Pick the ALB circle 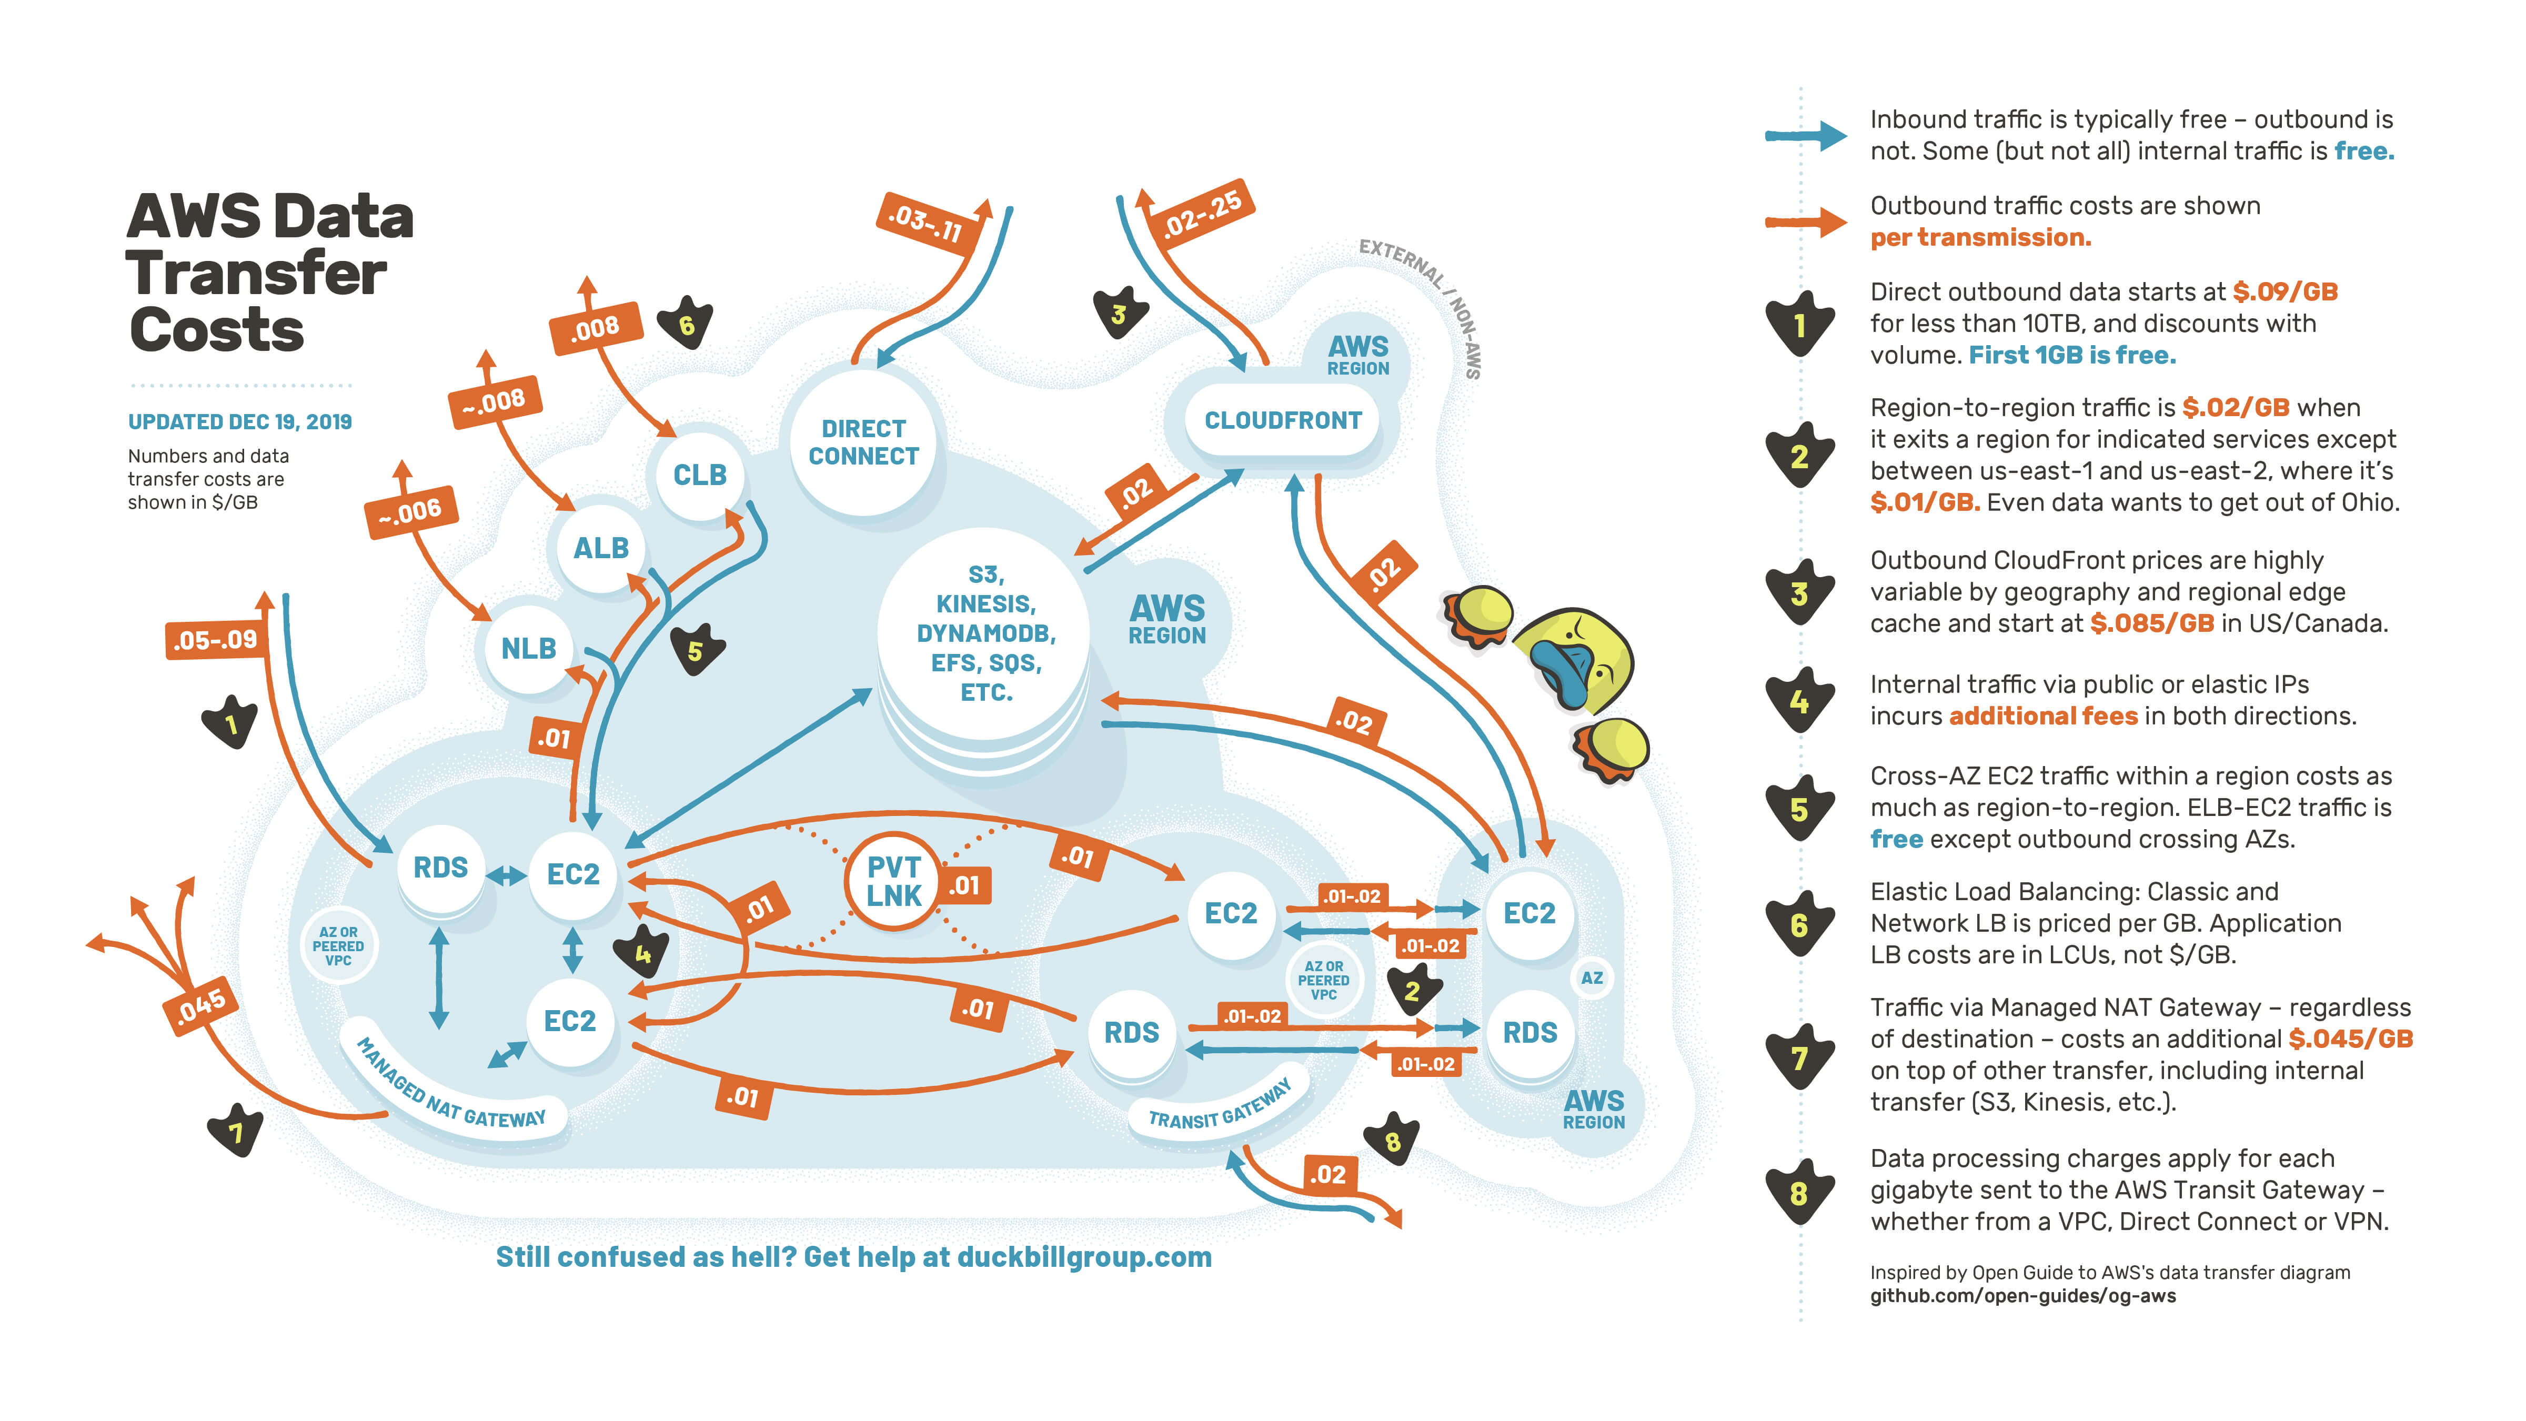tap(600, 547)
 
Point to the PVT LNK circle tap(893, 881)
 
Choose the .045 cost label tap(201, 1005)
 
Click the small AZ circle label tap(1592, 977)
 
